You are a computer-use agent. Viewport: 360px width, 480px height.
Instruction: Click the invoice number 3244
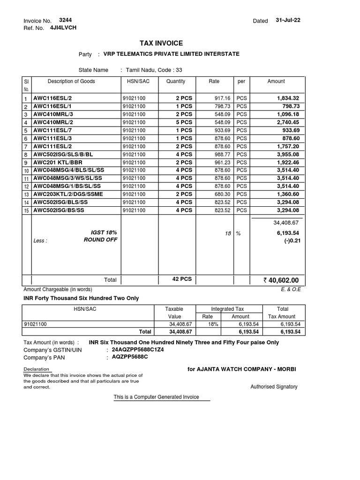point(65,20)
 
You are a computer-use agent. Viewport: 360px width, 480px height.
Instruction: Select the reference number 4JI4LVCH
point(63,28)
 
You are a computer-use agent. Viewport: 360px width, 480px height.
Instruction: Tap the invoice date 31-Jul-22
point(289,20)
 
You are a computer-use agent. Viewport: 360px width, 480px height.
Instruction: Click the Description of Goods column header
point(71,81)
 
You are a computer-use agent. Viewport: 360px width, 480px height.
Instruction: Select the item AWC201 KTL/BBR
point(55,162)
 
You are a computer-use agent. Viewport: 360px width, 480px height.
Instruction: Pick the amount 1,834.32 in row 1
point(288,98)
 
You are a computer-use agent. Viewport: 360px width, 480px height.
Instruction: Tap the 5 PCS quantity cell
point(184,122)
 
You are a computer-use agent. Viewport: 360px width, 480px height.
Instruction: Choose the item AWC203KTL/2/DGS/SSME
point(68,194)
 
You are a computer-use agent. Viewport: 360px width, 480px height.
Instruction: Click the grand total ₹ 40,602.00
point(281,280)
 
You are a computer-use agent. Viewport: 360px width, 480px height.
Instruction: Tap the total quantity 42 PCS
point(182,279)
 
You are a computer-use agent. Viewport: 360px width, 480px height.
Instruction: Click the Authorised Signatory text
point(274,387)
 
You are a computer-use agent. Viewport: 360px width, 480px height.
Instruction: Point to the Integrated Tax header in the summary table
point(227,309)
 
